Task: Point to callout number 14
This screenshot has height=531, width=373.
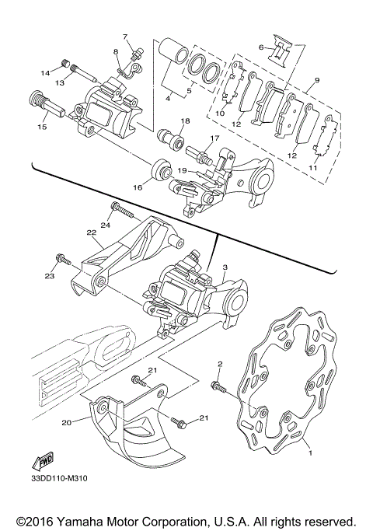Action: (46, 73)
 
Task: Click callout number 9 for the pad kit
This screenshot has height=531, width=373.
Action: (317, 80)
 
